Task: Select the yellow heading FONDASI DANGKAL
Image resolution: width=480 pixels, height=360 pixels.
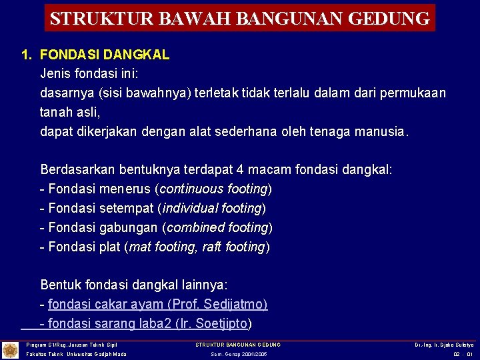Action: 105,55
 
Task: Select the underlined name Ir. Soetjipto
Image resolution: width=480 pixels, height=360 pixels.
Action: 211,324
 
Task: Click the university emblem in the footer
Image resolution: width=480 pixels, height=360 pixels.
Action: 10,349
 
